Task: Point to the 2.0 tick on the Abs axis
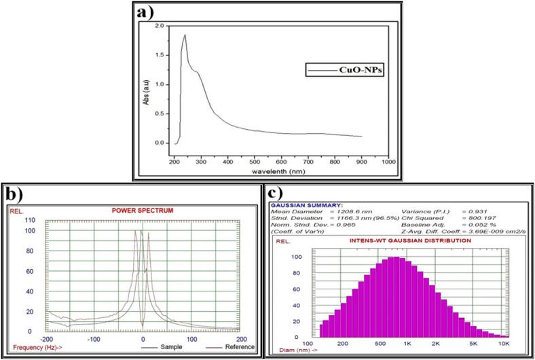pos(160,26)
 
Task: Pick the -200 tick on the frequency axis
pos(46,338)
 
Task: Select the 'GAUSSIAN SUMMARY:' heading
pos(307,204)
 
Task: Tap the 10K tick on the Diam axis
pos(504,344)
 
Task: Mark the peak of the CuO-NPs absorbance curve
pos(185,35)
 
